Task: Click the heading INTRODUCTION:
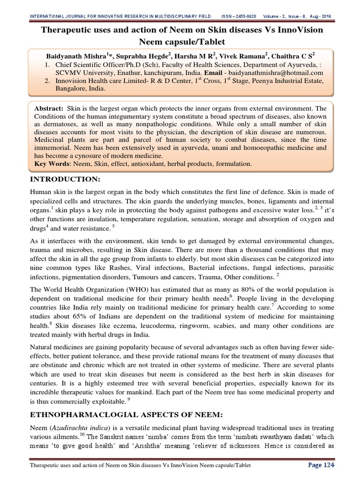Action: point(65,180)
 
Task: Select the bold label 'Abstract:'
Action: point(49,107)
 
